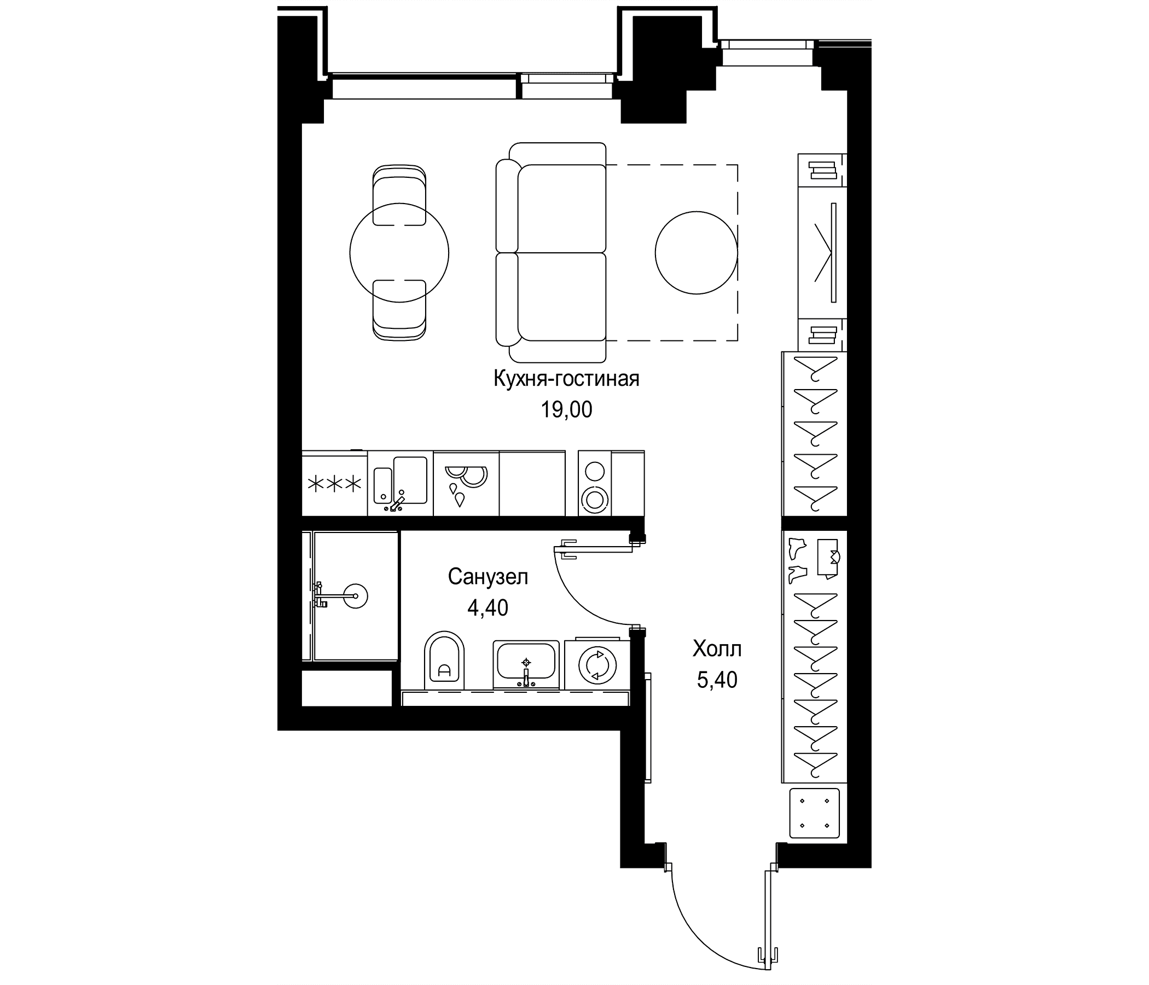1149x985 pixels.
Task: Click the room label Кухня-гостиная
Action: [x=566, y=379]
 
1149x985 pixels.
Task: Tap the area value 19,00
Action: [x=566, y=410]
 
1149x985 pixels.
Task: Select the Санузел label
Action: [x=488, y=577]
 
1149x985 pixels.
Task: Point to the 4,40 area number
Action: [x=488, y=608]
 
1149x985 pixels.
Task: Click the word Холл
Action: [x=717, y=649]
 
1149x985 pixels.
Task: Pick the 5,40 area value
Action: [x=717, y=680]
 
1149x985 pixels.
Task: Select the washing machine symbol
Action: [x=597, y=663]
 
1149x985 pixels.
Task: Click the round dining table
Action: [x=399, y=253]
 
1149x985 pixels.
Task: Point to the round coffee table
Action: [x=697, y=252]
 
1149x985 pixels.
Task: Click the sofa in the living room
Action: [x=550, y=252]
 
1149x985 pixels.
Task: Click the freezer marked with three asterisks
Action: [x=334, y=484]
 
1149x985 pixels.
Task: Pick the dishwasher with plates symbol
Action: [x=466, y=484]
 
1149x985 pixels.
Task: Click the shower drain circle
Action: [x=356, y=596]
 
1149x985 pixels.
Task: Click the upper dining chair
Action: [x=399, y=195]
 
